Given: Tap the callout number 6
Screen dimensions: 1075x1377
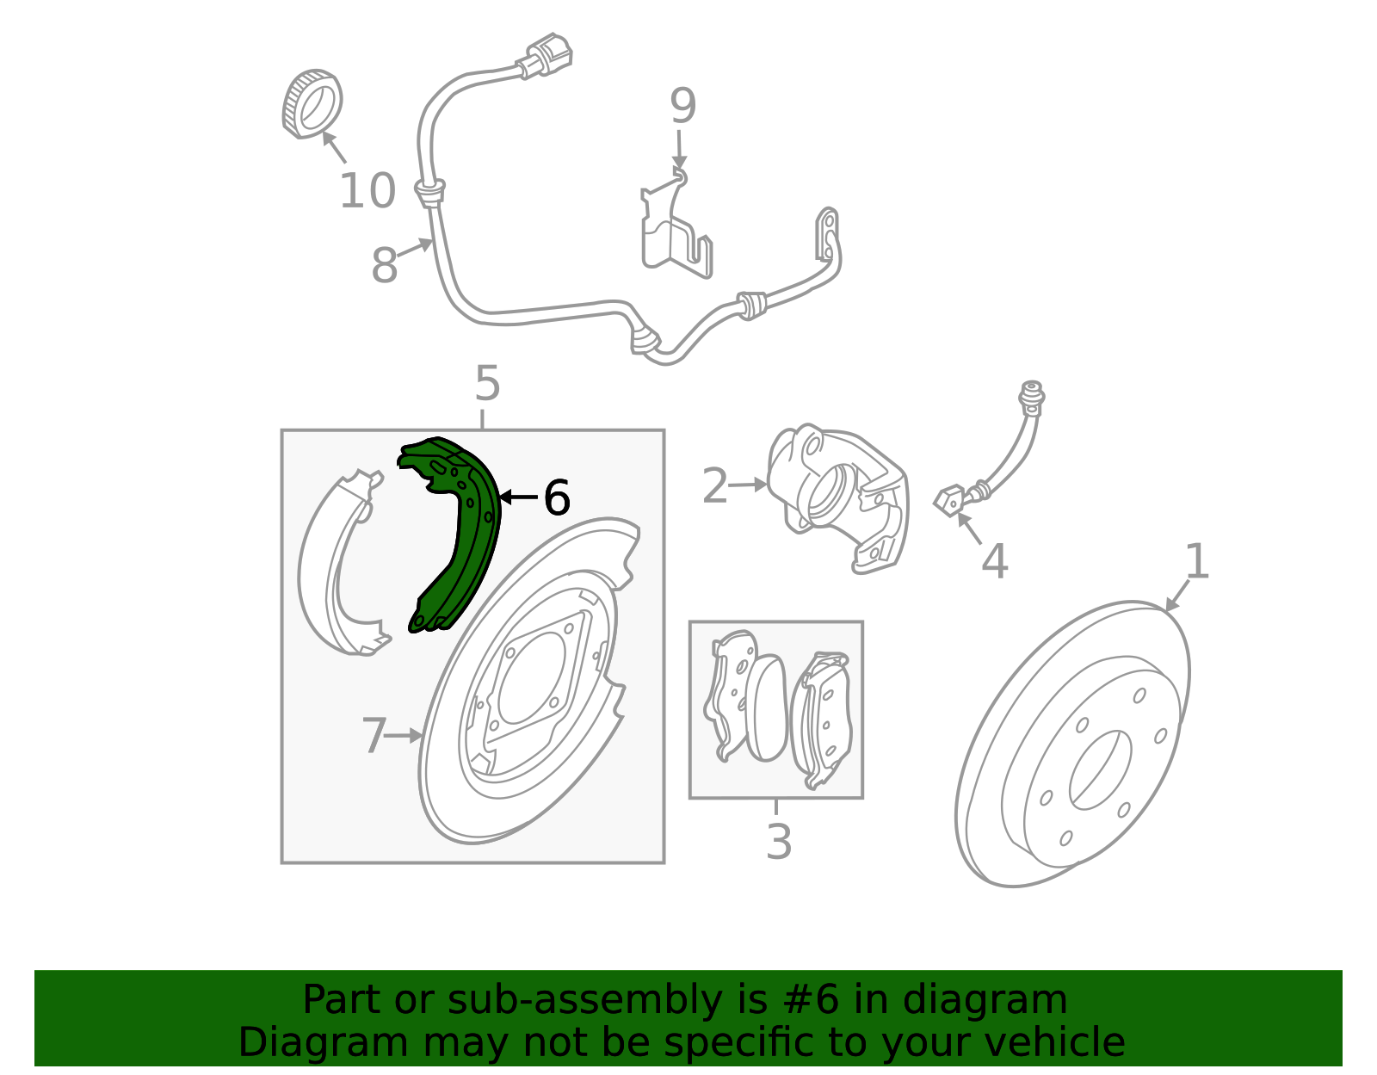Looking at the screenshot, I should [x=557, y=498].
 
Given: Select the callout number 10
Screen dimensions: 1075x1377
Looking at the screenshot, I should [x=367, y=191].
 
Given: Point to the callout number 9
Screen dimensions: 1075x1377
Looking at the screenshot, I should [x=682, y=107].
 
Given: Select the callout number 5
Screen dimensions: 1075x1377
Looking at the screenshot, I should [x=487, y=384].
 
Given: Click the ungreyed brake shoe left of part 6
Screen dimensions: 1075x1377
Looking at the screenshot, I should [x=340, y=568].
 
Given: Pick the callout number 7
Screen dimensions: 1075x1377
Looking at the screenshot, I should [x=374, y=737].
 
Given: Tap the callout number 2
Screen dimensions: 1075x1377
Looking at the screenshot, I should [x=715, y=486].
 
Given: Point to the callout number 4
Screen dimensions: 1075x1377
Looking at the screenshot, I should [x=994, y=562].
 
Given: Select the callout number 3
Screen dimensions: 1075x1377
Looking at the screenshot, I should [x=778, y=842].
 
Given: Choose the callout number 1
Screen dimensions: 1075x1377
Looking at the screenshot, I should [x=1197, y=562].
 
